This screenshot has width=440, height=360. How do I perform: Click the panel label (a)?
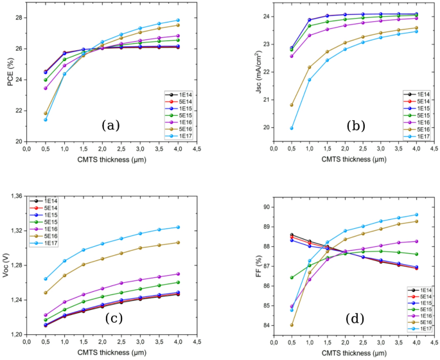109,125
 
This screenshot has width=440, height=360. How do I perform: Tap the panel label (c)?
109,317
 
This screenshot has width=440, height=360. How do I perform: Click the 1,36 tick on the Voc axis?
16,195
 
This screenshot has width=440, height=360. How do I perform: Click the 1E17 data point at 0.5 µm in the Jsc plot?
292,128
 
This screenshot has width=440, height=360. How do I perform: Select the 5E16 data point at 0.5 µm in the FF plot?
292,325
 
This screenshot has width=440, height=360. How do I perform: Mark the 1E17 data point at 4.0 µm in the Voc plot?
178,227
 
